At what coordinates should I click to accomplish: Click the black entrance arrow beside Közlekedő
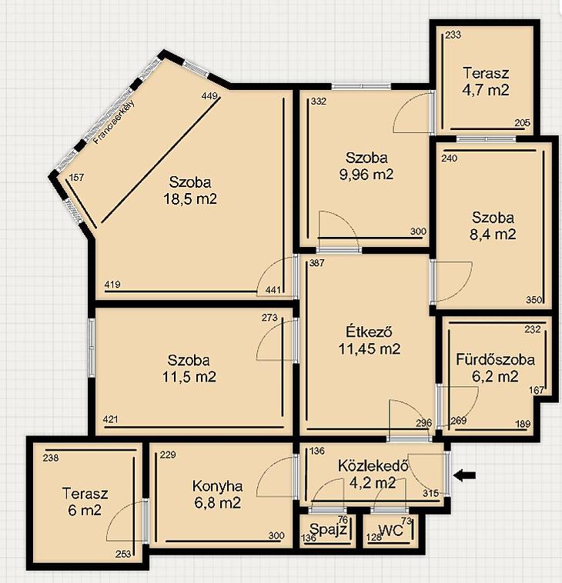point(465,475)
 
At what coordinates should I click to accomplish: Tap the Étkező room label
point(370,331)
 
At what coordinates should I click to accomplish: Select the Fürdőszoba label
point(495,360)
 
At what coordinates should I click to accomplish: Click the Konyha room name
point(217,486)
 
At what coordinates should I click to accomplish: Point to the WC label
point(391,531)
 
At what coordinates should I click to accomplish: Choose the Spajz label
point(328,529)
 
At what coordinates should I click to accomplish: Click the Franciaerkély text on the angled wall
point(114,122)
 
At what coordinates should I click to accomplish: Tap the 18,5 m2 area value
point(190,199)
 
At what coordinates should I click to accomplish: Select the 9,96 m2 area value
point(366,175)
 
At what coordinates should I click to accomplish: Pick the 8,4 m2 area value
point(493,235)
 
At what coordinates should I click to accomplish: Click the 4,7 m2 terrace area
point(486,90)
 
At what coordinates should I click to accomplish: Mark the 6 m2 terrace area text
point(85,510)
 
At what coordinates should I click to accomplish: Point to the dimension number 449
point(209,96)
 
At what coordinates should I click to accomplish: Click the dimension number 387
point(316,263)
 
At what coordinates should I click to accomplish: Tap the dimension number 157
point(77,178)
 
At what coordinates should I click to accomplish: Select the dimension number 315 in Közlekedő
point(430,493)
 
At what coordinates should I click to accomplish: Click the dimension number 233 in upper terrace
point(453,35)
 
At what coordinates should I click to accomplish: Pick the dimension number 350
point(534,300)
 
